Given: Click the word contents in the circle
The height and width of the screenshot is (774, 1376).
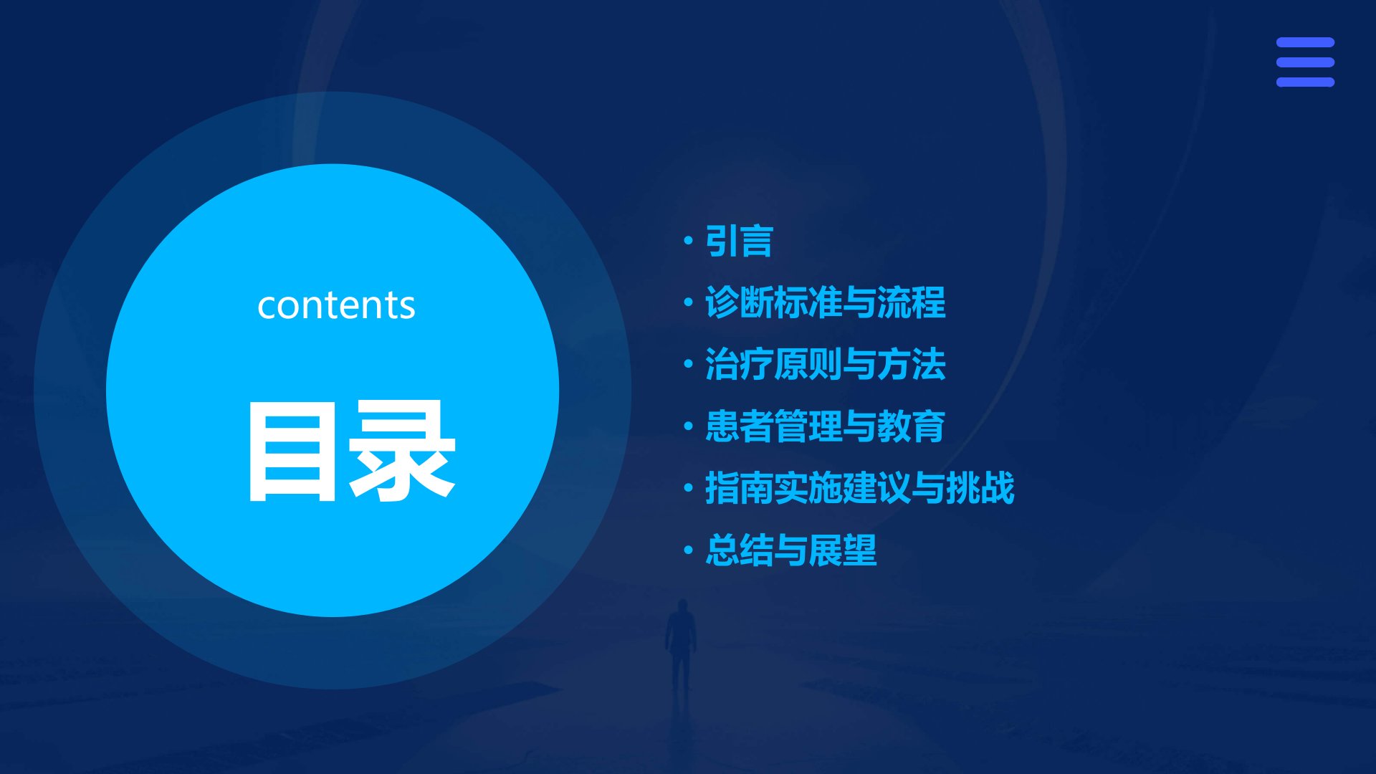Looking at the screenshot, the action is click(336, 305).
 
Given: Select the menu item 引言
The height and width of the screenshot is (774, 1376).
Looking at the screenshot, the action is click(739, 241).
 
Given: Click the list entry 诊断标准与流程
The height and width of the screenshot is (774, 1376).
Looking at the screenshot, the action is click(826, 302).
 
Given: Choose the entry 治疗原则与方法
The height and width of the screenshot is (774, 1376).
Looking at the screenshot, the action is click(826, 364).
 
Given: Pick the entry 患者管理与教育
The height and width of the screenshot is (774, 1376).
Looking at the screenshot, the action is click(826, 426).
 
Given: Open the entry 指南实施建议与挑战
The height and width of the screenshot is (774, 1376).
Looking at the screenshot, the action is click(860, 488).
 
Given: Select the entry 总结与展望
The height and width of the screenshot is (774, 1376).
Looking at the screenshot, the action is click(791, 550).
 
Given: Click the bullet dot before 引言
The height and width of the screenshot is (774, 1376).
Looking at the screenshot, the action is click(689, 241).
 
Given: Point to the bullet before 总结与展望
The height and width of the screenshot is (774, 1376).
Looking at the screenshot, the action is click(689, 550).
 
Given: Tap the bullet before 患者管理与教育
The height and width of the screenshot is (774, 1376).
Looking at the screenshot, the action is click(689, 426).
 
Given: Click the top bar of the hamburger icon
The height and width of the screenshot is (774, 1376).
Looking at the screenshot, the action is click(1305, 42).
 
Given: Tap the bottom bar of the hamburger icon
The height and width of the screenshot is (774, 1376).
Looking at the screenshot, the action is click(1305, 82).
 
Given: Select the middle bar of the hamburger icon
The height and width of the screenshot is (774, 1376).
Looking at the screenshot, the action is click(1305, 62).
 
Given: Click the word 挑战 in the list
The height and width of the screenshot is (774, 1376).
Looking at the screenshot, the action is click(980, 488).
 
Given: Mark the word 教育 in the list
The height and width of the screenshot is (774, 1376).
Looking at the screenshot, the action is click(912, 426).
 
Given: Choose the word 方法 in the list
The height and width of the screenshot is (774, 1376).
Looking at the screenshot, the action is click(912, 364).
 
